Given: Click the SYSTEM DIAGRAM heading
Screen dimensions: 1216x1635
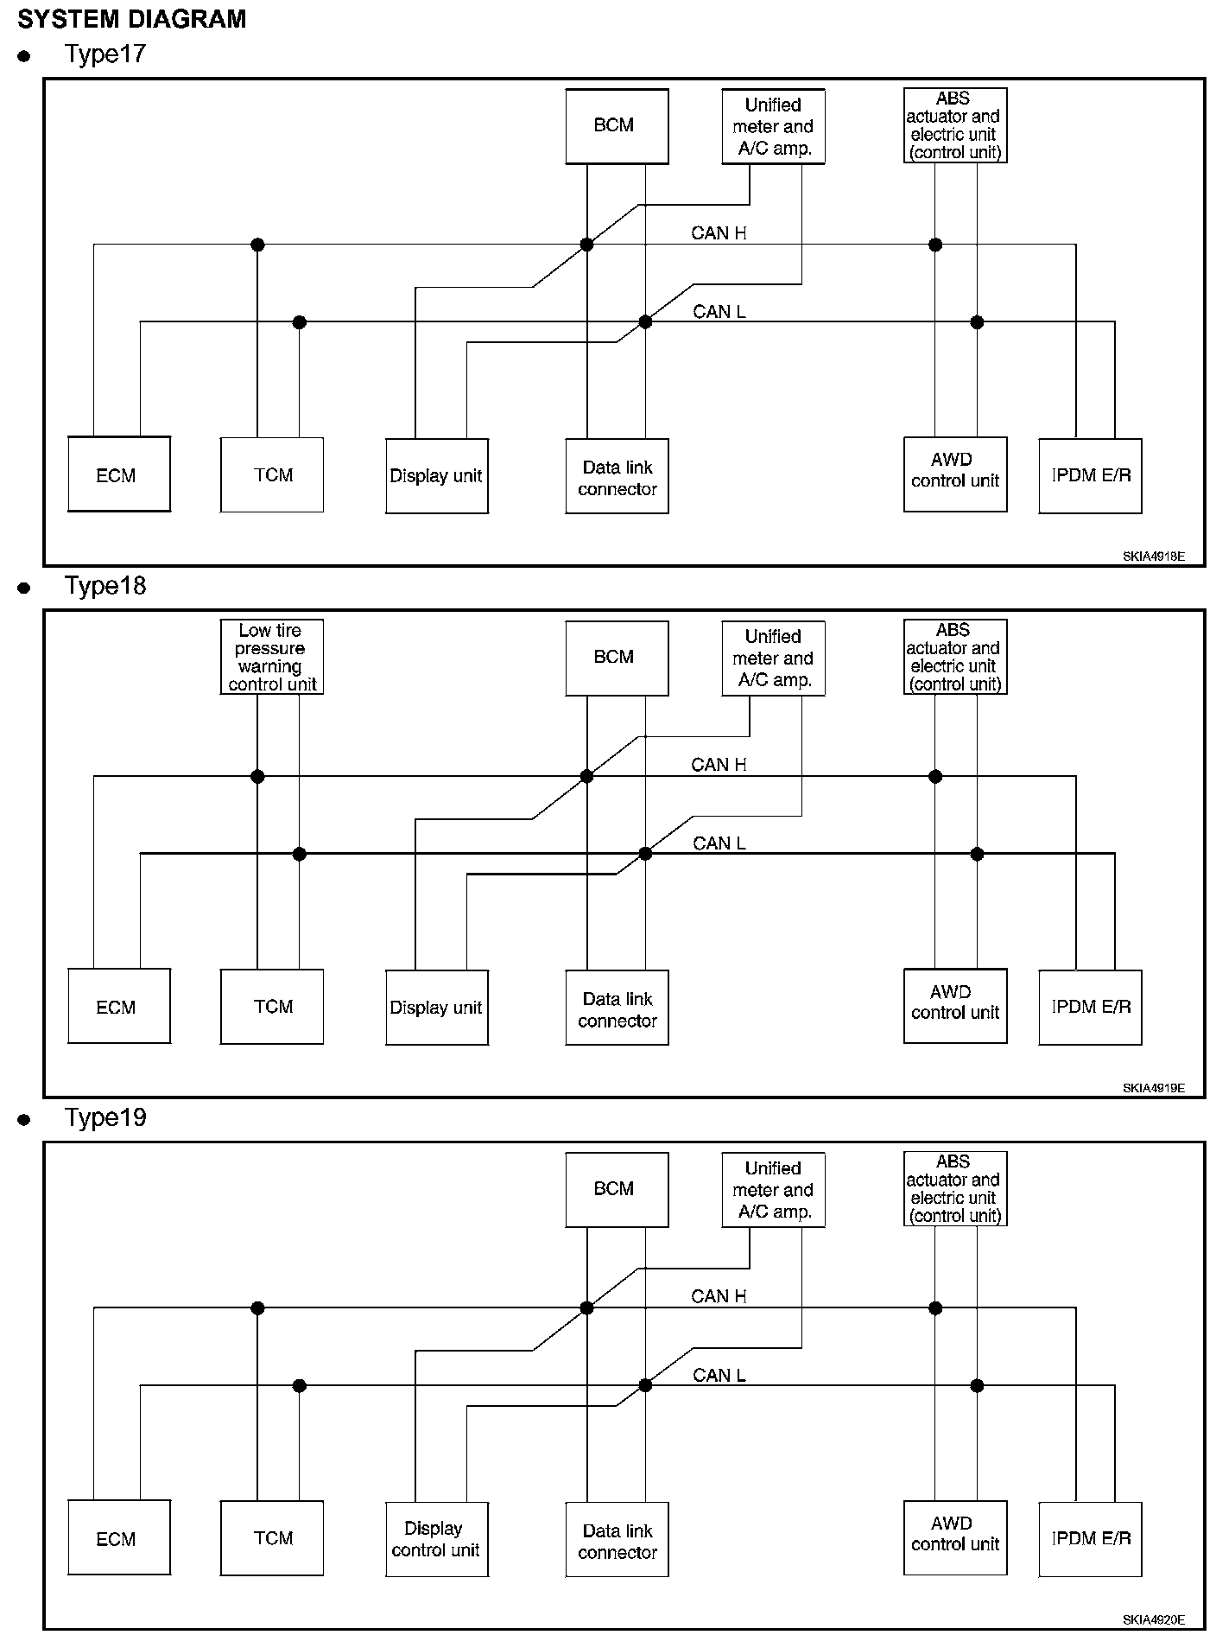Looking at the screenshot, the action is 132,19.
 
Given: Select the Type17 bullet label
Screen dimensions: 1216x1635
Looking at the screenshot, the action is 105,54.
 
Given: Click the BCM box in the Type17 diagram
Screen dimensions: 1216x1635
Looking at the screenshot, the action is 617,126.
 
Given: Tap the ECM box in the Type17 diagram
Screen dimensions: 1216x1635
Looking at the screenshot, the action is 119,474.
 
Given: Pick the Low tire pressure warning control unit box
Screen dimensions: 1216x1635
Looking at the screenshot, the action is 272,658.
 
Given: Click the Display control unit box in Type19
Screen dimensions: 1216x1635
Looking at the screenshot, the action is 437,1539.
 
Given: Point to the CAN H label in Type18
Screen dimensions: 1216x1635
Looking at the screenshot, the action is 719,765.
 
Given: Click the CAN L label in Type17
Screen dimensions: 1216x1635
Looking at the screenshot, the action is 719,312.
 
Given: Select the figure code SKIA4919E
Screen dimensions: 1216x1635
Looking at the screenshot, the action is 1154,1088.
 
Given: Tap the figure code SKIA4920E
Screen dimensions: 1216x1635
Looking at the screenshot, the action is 1154,1619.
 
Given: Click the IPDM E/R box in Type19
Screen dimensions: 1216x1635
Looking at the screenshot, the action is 1091,1539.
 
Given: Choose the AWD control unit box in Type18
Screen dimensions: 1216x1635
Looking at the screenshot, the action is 955,1007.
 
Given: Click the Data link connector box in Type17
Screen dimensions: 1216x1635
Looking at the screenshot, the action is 617,476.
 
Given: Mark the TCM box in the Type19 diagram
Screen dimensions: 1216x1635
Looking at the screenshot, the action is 272,1538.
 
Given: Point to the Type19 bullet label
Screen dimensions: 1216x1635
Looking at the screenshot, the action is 105,1118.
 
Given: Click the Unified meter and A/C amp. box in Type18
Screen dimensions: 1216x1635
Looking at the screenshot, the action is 773,658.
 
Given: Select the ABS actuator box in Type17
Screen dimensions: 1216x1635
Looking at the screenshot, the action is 955,126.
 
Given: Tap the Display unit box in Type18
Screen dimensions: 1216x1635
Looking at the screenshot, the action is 437,1008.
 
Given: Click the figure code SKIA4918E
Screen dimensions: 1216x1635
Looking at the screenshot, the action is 1154,557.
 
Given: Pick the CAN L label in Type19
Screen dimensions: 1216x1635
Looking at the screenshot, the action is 719,1376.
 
